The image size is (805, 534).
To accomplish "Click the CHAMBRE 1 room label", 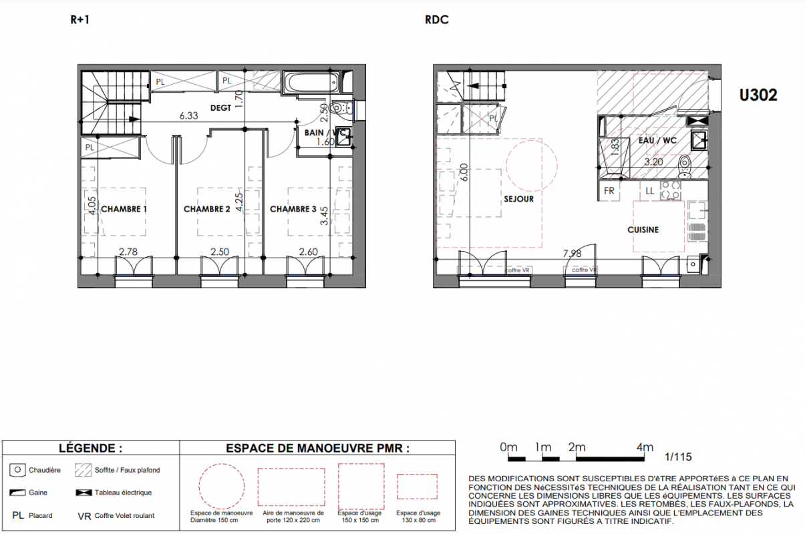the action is point(124,209).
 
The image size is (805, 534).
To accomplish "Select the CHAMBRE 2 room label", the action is point(206,209).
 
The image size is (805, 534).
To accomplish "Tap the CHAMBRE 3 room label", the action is point(293,209).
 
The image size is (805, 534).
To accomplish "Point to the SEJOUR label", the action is point(518,199).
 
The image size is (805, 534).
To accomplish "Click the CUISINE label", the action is point(643,230).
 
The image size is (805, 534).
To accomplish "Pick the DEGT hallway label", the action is point(220,107).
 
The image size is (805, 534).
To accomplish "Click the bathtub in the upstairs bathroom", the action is point(311,83).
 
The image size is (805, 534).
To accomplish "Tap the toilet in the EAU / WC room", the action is point(684,166).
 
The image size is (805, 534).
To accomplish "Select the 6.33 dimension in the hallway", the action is point(188,115).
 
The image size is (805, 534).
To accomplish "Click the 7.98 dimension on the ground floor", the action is point(572,254).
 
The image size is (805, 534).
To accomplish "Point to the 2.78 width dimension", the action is point(128,252).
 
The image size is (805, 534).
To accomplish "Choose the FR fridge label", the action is point(609,191).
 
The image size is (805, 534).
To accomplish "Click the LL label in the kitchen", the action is point(650,191).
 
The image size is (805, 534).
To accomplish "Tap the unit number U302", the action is point(758,95).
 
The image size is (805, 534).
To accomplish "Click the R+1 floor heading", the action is point(79,19).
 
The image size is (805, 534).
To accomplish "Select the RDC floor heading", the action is point(437,19).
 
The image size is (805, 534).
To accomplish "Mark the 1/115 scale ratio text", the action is point(678,457).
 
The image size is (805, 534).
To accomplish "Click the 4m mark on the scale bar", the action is point(645,447).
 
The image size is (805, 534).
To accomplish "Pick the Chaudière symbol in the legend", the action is point(17,471).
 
